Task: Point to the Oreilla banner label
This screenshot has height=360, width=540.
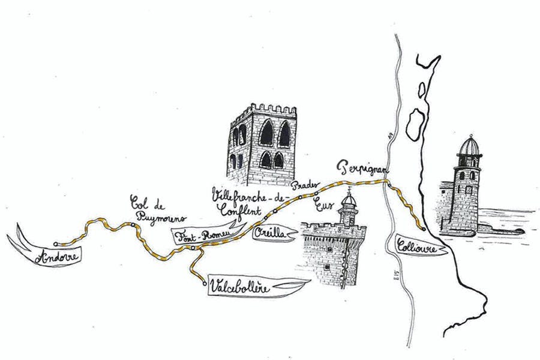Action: coord(271,233)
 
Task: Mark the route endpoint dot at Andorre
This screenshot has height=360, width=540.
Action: coord(55,244)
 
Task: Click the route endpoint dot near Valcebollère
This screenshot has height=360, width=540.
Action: coord(205,281)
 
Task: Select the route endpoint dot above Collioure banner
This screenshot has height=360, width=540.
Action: coord(424,229)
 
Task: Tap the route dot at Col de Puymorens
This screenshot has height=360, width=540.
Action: coord(131,225)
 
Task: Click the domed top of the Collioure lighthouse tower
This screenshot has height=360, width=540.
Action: coord(469,145)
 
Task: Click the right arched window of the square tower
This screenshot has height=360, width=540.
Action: coord(284,133)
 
